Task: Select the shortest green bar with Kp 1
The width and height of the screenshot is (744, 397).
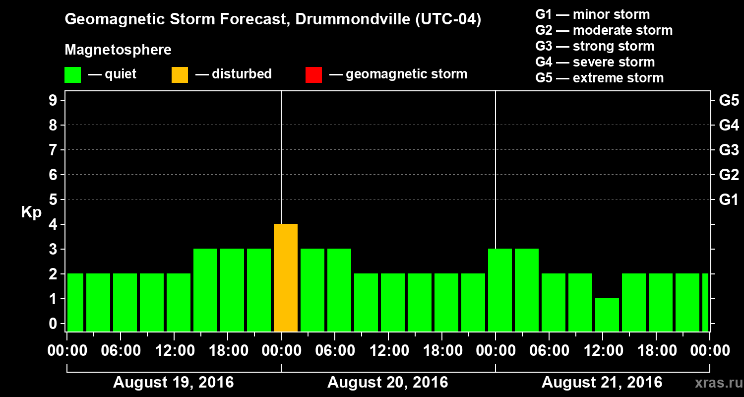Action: [607, 315]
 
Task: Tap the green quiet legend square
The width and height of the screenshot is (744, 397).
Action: [72, 75]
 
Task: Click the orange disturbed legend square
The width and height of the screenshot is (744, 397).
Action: [180, 75]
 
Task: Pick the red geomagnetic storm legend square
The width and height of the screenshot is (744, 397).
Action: [313, 75]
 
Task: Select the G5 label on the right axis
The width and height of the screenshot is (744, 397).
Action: [729, 101]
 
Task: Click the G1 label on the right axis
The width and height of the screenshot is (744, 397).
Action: [729, 200]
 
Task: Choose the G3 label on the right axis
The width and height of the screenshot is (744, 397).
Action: [729, 150]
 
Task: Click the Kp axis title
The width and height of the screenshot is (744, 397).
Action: [31, 212]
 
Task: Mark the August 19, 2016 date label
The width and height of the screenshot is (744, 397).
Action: [174, 383]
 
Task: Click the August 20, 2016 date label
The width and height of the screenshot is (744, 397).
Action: [388, 383]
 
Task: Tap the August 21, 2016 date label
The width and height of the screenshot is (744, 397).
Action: [602, 383]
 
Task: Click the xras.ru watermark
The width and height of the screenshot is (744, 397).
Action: [716, 383]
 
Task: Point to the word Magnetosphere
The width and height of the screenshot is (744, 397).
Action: [118, 50]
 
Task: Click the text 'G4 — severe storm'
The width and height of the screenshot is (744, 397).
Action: [595, 62]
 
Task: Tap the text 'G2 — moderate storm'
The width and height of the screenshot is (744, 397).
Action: [604, 30]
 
